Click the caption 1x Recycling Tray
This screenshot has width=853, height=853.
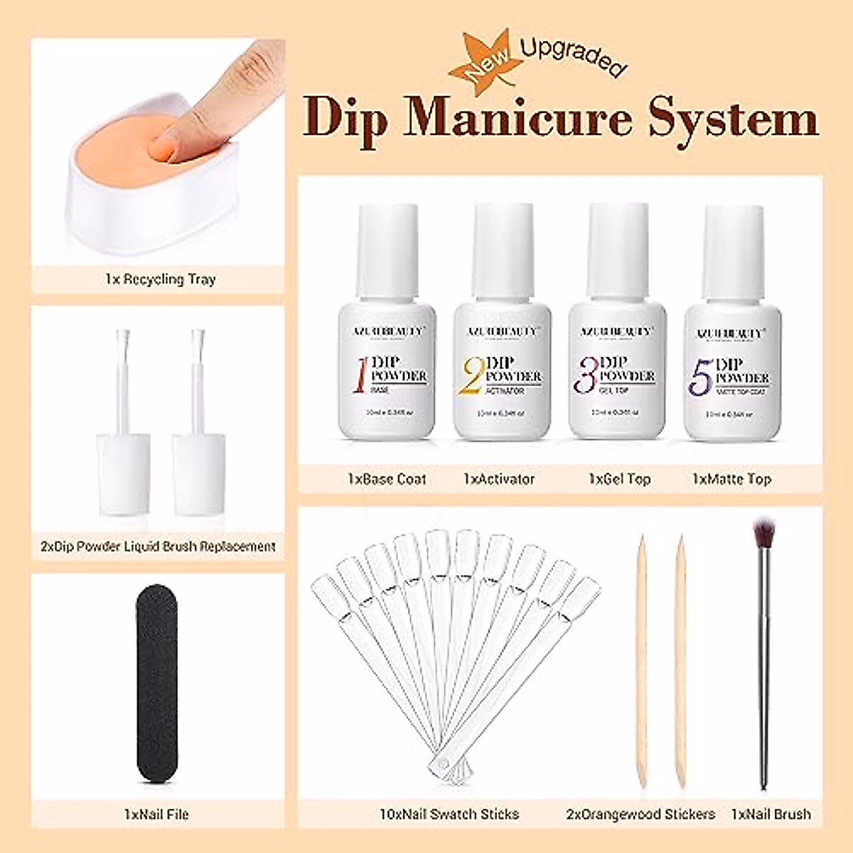point(159,279)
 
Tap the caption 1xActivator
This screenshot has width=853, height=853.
point(498,479)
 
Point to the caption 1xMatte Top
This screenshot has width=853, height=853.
point(731,479)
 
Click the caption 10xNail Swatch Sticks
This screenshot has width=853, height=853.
point(449,814)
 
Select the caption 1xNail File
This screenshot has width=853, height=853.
point(154,814)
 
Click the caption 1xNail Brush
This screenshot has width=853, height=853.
point(771,814)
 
